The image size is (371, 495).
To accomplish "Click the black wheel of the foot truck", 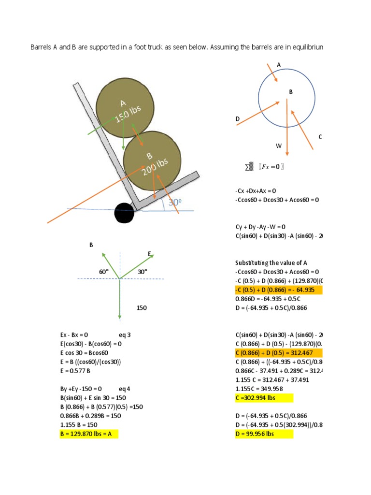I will (124, 213).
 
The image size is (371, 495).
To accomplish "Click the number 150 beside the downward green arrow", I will (142, 307).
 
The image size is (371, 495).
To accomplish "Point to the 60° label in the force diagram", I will (103, 272).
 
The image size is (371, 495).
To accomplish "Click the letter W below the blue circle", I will (279, 146).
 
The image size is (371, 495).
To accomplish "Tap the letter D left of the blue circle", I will (238, 118).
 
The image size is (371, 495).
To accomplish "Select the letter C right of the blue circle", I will (320, 137).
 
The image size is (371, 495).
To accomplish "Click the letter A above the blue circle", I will (279, 64).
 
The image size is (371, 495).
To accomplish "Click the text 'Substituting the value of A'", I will (271, 263).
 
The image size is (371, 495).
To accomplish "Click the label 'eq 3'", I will (125, 335).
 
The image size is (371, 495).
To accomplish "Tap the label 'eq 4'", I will (125, 389).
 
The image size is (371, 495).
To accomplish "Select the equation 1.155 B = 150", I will (79, 424).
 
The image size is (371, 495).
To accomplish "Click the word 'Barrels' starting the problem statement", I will (42, 47).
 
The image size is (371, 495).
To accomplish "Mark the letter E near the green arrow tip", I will (150, 254).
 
